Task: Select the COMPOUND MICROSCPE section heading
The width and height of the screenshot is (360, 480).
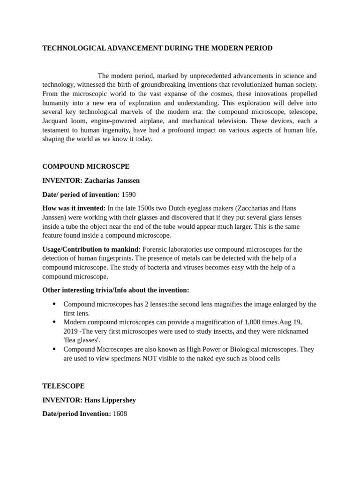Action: tap(86, 166)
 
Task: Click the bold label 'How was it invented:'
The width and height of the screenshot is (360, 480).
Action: tap(74, 208)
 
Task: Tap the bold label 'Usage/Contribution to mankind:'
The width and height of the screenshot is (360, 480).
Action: tap(91, 249)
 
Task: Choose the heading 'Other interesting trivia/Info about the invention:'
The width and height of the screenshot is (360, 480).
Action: tap(116, 290)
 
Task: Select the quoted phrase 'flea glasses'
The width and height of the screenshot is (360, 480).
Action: tap(82, 340)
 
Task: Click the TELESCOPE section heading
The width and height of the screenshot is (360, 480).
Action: tap(64, 386)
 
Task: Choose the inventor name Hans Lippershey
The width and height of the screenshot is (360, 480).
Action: tap(110, 400)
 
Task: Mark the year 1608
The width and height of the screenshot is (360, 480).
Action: tap(120, 414)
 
